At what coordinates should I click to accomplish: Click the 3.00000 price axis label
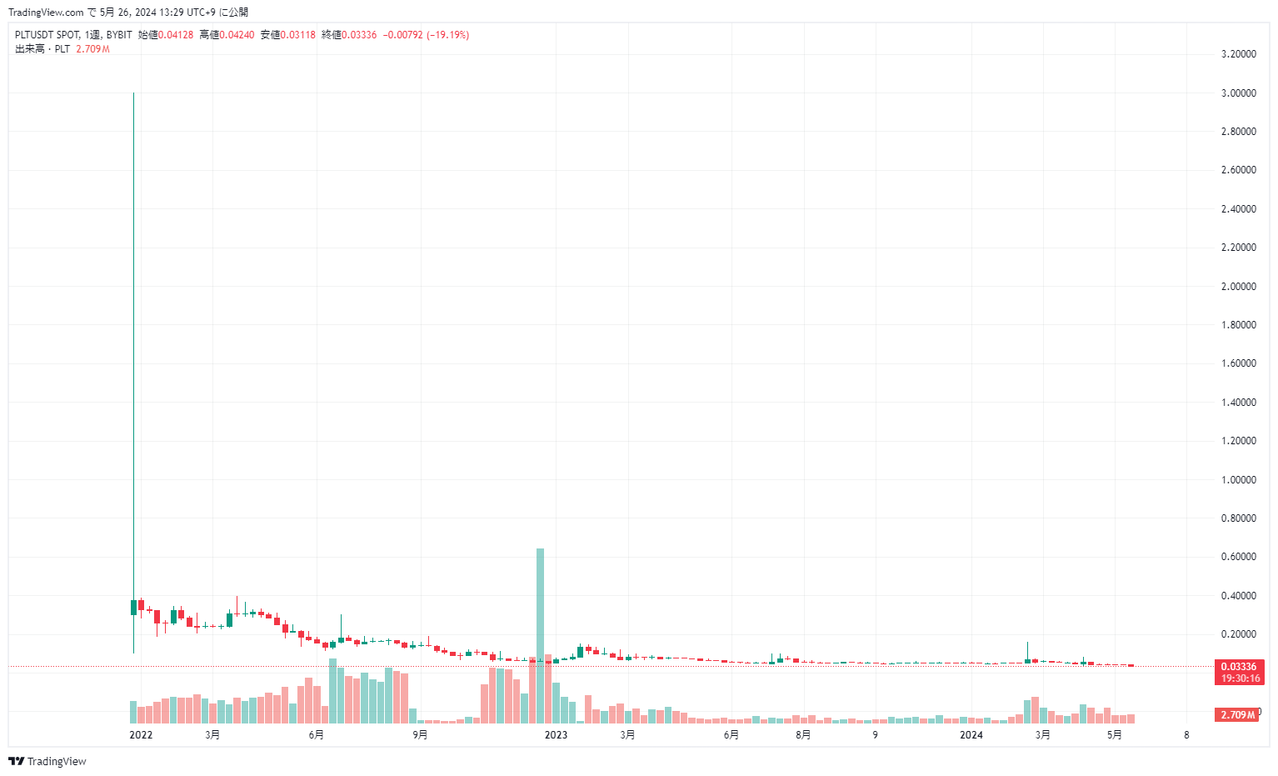point(1238,93)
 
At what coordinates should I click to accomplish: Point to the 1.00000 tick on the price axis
point(1238,480)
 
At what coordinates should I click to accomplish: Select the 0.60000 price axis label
point(1238,557)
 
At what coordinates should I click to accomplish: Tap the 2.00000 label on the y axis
point(1238,287)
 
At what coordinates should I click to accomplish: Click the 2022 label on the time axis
point(141,735)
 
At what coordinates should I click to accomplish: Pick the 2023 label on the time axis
point(556,735)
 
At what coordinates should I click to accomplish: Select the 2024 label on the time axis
point(971,735)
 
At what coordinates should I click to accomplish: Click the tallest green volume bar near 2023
point(540,633)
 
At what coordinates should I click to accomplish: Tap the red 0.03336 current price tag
point(1239,667)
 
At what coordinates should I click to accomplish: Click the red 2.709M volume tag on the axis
point(1237,715)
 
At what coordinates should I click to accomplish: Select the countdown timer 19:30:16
point(1239,678)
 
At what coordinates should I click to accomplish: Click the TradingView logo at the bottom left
point(47,761)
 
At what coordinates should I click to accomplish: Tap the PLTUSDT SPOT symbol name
point(47,35)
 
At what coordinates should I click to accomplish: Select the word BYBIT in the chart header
point(119,35)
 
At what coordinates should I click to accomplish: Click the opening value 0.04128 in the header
point(176,35)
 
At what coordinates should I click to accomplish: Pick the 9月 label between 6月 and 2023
point(420,735)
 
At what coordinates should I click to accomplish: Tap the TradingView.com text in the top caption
point(46,13)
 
